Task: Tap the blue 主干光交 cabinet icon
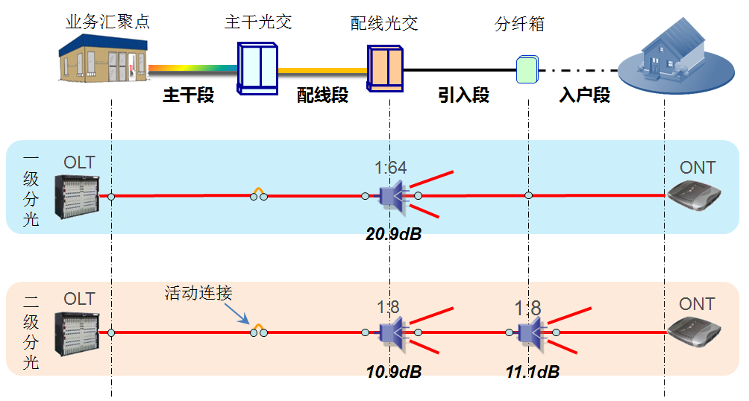pyautogui.click(x=257, y=67)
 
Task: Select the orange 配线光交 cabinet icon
pyautogui.click(x=386, y=68)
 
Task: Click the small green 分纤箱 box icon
pyautogui.click(x=527, y=69)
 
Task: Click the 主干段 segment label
pyautogui.click(x=189, y=95)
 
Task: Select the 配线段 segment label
pyautogui.click(x=323, y=95)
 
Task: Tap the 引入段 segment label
pyautogui.click(x=464, y=95)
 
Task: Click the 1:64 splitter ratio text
pyautogui.click(x=390, y=168)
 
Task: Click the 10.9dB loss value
pyautogui.click(x=393, y=371)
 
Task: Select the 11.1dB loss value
pyautogui.click(x=532, y=371)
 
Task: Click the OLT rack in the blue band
pyautogui.click(x=80, y=198)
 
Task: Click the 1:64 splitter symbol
pyautogui.click(x=392, y=196)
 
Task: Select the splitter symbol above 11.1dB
pyautogui.click(x=531, y=332)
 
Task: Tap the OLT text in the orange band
pyautogui.click(x=79, y=299)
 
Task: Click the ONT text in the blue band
pyautogui.click(x=697, y=168)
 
